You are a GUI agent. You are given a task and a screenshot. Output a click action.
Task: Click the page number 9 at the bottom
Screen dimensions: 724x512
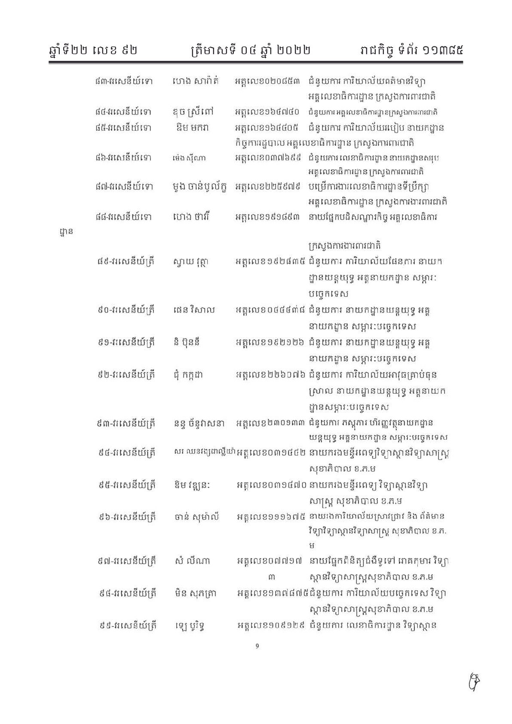[257, 645]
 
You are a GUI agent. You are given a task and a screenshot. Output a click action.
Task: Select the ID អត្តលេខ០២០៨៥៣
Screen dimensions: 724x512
[267, 81]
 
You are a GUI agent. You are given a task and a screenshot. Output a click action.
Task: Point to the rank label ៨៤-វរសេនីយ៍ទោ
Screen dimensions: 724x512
[123, 113]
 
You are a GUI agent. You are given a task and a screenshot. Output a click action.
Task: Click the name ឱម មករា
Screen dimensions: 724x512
[192, 128]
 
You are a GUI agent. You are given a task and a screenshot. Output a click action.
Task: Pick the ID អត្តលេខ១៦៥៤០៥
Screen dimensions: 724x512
[267, 128]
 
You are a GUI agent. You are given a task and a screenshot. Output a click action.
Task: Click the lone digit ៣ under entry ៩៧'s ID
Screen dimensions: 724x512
[272, 576]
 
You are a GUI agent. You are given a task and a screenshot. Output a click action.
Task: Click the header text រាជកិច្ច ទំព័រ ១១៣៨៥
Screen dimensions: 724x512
[407, 51]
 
